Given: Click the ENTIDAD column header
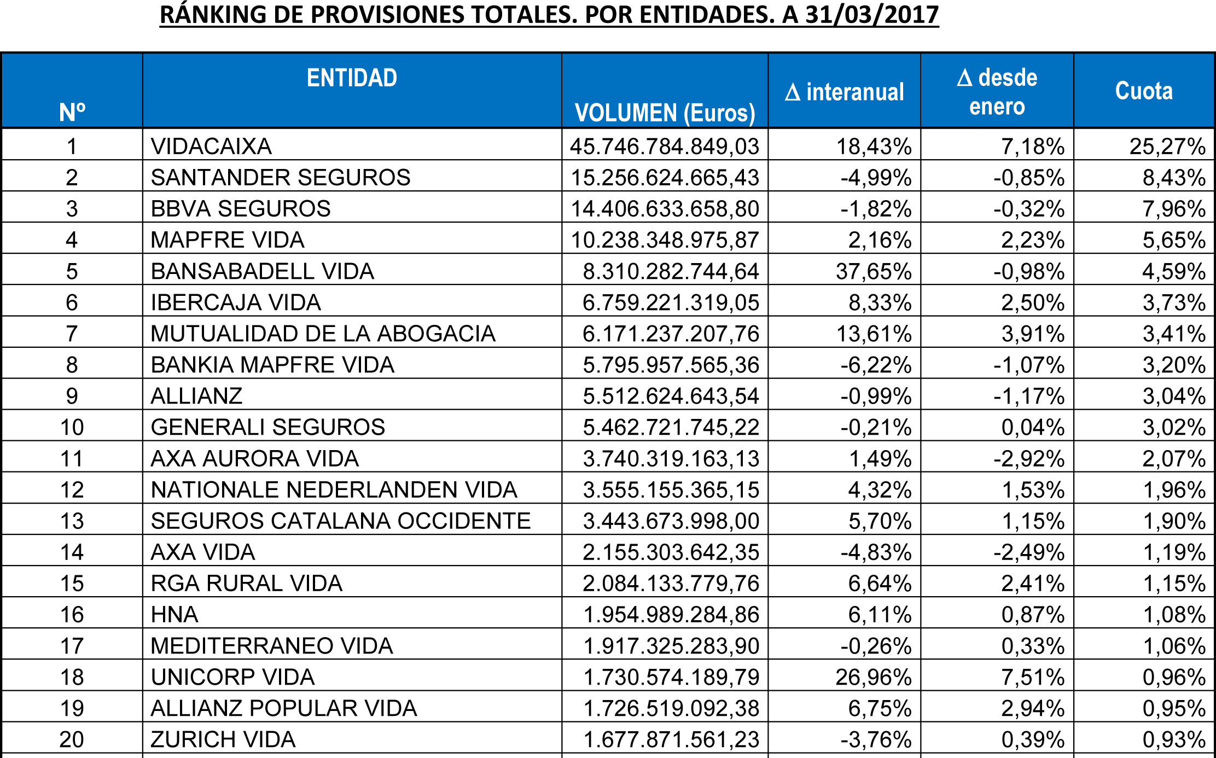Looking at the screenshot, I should point(352,78).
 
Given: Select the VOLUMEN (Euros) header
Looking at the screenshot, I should point(665,113).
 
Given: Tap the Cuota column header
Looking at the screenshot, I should point(1144,91).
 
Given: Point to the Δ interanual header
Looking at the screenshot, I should point(845,92).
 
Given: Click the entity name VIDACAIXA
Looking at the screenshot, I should point(211,146).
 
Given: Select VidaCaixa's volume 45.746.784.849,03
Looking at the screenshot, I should point(665,146).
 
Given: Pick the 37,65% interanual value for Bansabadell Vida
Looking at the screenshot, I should point(874,271).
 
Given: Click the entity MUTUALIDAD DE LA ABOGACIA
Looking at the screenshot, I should point(323,334).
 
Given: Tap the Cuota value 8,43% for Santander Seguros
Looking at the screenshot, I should point(1174,178).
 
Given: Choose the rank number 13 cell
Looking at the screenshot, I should point(72,521).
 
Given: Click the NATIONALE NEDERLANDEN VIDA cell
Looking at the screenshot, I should point(334,489).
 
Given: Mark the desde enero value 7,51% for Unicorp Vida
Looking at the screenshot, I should point(1033,677).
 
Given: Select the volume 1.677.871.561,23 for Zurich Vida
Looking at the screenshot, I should point(671,739).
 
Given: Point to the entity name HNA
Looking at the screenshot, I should point(174,614).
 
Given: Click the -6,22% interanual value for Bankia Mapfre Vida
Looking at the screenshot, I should point(876,365).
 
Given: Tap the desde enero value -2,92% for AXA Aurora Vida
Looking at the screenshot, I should point(1029,458).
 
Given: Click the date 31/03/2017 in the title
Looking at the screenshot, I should point(872,15).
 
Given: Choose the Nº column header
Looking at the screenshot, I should point(72,112).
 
